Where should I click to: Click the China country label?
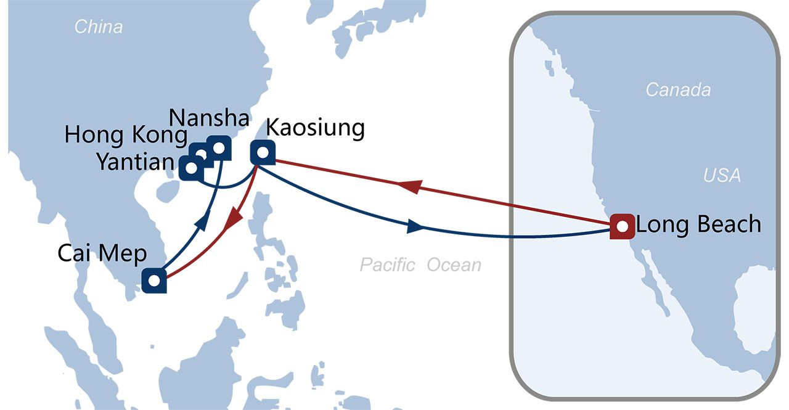pos(98,27)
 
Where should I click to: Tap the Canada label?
pos(678,90)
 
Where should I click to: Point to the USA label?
pos(722,176)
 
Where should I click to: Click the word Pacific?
pos(386,265)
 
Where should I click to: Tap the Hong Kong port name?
pos(126,136)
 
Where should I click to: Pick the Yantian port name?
pos(135,162)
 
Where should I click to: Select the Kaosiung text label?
pos(315,129)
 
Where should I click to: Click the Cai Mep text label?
pos(102,253)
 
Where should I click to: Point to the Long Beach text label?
pos(698,224)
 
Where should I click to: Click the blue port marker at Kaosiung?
pos(263,152)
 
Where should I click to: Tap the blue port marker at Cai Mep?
pos(154,281)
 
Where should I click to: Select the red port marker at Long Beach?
pos(622,226)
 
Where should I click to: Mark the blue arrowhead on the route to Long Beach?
pos(417,228)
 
